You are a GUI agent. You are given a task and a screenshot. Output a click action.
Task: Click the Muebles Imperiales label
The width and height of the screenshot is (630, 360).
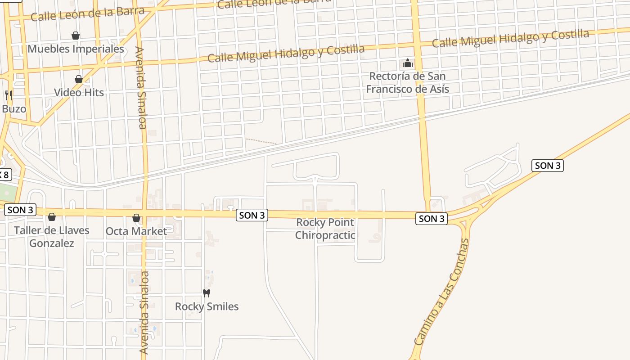click(76, 49)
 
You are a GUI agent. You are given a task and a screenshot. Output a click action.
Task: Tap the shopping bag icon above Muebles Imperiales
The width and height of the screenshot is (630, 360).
click(76, 36)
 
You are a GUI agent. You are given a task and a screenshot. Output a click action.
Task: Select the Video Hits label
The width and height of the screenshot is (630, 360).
click(79, 93)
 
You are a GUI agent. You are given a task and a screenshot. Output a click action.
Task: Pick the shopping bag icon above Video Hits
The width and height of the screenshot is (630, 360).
click(79, 80)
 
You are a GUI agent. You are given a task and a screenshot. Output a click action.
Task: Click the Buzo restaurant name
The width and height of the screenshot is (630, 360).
click(14, 109)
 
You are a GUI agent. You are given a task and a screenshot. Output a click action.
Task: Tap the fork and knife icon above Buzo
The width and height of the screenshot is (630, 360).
click(8, 95)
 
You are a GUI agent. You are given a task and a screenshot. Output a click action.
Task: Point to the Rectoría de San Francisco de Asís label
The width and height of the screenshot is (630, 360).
click(407, 82)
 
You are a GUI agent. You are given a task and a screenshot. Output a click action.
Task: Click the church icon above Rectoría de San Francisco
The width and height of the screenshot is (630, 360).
click(408, 63)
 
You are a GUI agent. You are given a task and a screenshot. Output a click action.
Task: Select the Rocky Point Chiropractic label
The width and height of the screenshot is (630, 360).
click(325, 229)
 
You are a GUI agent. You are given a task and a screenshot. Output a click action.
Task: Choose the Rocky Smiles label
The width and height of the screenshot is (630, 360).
click(207, 306)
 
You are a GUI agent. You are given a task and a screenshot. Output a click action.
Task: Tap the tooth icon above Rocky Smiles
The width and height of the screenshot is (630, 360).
click(207, 293)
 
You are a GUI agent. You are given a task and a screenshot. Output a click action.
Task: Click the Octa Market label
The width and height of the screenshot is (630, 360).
click(136, 231)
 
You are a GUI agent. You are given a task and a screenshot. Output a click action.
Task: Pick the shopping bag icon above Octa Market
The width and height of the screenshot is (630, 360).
click(136, 218)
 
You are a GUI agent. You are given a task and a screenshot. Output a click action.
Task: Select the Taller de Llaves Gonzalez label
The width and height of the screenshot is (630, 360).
click(51, 237)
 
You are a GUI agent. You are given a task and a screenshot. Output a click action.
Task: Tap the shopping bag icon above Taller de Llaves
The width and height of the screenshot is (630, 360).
click(52, 217)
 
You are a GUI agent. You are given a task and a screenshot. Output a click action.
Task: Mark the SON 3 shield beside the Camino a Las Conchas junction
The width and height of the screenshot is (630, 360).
click(431, 219)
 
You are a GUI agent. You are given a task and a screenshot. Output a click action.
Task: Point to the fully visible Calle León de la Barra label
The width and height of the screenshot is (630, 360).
click(87, 14)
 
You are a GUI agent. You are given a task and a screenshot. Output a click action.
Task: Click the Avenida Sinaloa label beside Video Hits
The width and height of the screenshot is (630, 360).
click(141, 88)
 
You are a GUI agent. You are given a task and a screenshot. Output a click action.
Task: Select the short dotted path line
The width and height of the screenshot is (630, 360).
click(261, 141)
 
